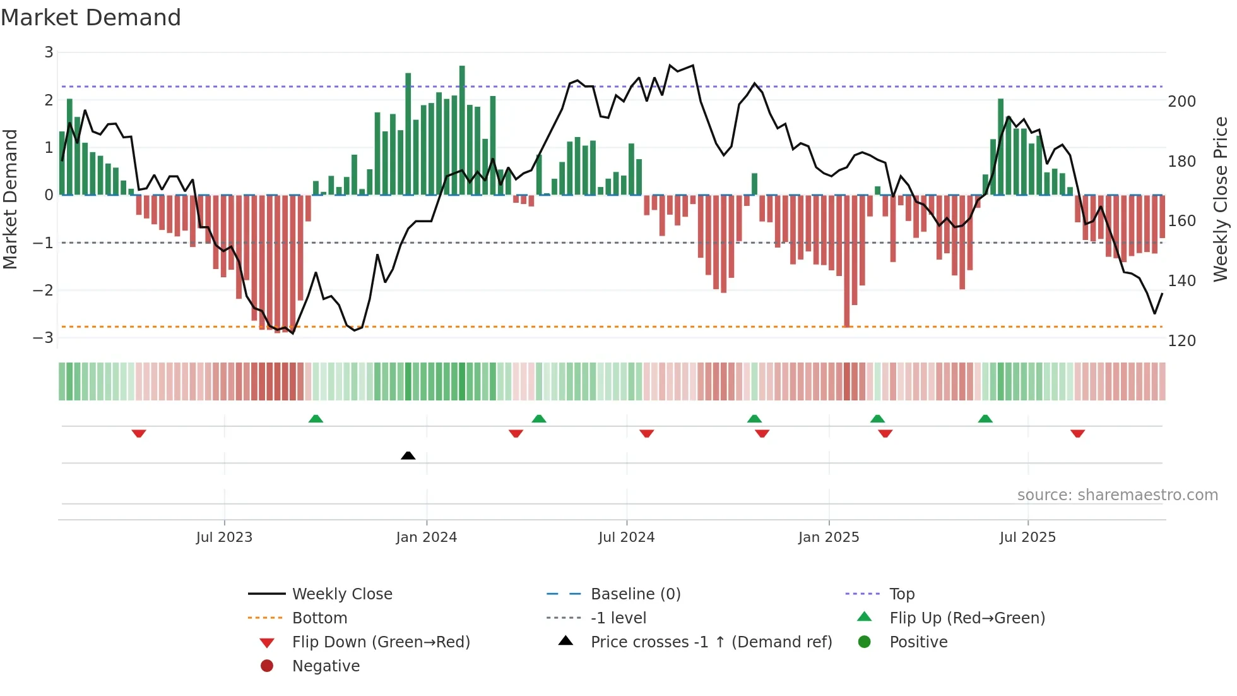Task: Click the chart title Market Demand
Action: point(91,18)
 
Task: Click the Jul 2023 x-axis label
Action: point(224,537)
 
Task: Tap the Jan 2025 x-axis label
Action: point(828,537)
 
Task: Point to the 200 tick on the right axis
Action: point(1181,102)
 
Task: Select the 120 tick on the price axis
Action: point(1181,341)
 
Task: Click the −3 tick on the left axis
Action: point(43,337)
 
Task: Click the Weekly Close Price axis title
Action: point(1221,199)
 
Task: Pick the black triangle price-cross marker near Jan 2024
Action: point(408,455)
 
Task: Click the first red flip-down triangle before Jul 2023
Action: point(139,433)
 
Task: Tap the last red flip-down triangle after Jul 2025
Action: point(1077,433)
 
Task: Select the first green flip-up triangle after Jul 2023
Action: point(316,419)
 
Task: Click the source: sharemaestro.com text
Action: point(1117,495)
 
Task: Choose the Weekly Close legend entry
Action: point(341,594)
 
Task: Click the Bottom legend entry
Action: point(319,618)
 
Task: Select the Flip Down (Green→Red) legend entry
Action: point(381,642)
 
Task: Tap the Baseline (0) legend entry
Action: point(635,594)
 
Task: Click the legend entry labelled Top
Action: point(901,594)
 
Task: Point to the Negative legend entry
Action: point(326,666)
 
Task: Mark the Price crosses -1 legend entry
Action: point(711,642)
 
